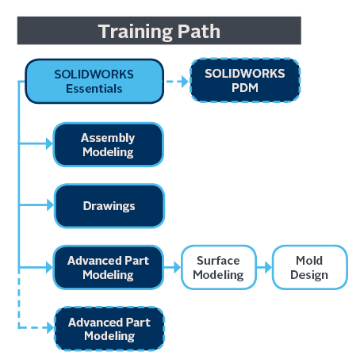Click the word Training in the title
click(136, 32)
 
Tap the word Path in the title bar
click(199, 31)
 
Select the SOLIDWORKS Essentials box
click(94, 81)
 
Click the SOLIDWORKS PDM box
click(245, 80)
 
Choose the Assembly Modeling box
click(109, 144)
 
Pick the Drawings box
click(109, 206)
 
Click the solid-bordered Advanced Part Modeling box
click(109, 267)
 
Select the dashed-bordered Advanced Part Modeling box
click(109, 329)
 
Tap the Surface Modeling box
click(219, 267)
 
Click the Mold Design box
click(309, 267)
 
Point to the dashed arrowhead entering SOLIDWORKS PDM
click(185, 82)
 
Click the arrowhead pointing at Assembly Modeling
click(49, 143)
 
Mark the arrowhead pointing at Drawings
click(50, 205)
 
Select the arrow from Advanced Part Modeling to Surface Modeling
click(172, 267)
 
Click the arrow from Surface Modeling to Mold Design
click(264, 267)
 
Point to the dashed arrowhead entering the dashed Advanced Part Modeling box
click(50, 328)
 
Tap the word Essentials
click(94, 89)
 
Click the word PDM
click(245, 88)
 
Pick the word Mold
click(309, 261)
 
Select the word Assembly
click(108, 138)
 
